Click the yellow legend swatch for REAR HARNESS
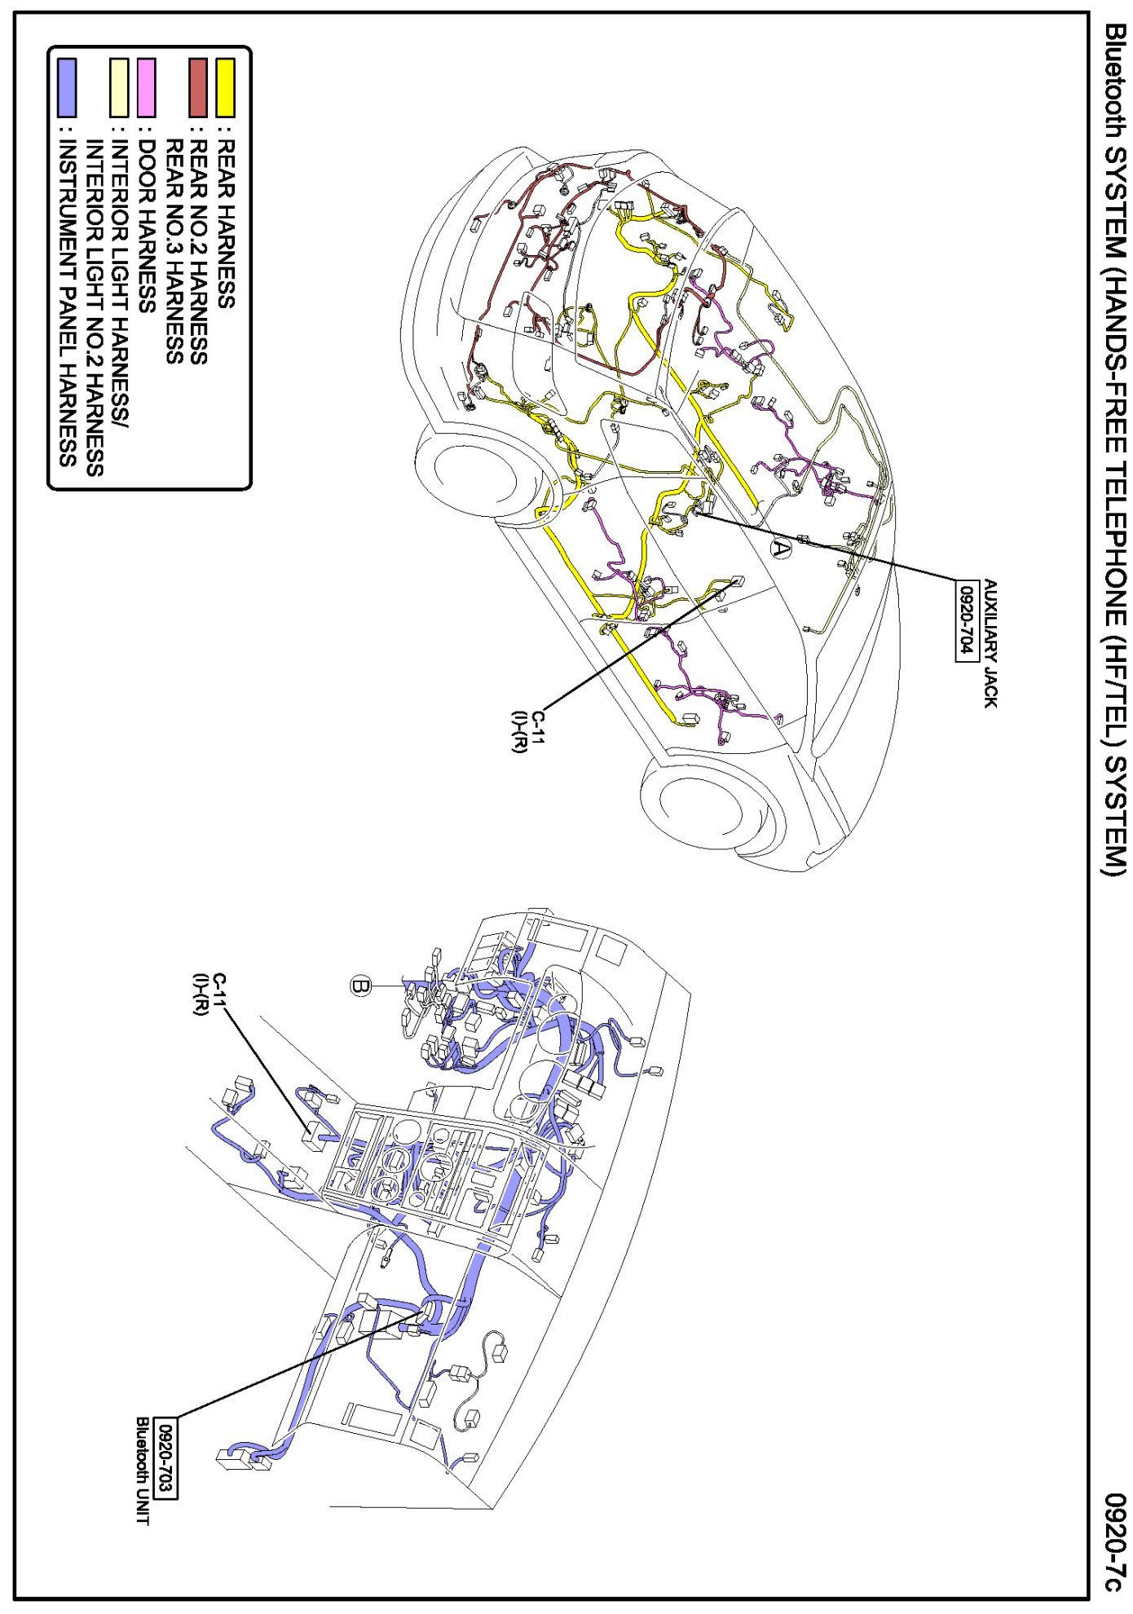(225, 87)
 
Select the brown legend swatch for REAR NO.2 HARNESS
(198, 87)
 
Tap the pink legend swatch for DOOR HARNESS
(146, 87)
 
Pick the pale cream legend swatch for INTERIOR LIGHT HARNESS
(120, 87)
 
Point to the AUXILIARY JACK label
(990, 643)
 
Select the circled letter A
(781, 549)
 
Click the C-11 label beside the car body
(528, 731)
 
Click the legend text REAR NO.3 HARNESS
(174, 250)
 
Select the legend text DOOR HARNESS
(147, 227)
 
